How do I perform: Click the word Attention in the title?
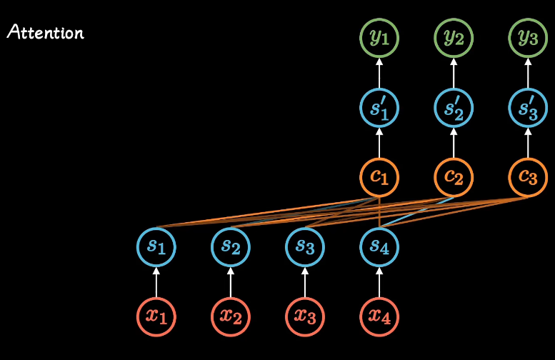click(x=45, y=33)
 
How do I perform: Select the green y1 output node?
click(x=379, y=38)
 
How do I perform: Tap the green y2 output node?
click(x=454, y=38)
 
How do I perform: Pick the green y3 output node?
click(x=528, y=38)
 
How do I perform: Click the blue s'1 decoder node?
click(x=379, y=107)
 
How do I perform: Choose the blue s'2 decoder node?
click(x=454, y=107)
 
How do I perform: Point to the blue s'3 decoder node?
click(x=528, y=107)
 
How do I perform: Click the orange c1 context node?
click(x=379, y=176)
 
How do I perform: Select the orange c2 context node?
click(x=454, y=176)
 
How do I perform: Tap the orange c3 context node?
click(x=528, y=176)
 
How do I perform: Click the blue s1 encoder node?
click(x=156, y=246)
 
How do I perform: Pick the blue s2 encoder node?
click(x=230, y=246)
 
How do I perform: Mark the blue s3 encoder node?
click(x=305, y=246)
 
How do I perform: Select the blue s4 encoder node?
click(x=379, y=246)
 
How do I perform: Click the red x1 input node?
click(x=156, y=315)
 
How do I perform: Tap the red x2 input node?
click(x=230, y=315)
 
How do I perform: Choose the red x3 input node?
click(x=305, y=315)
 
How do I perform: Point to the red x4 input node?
click(x=379, y=315)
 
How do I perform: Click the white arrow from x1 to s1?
click(x=156, y=281)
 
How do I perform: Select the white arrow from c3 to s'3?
click(x=528, y=142)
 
